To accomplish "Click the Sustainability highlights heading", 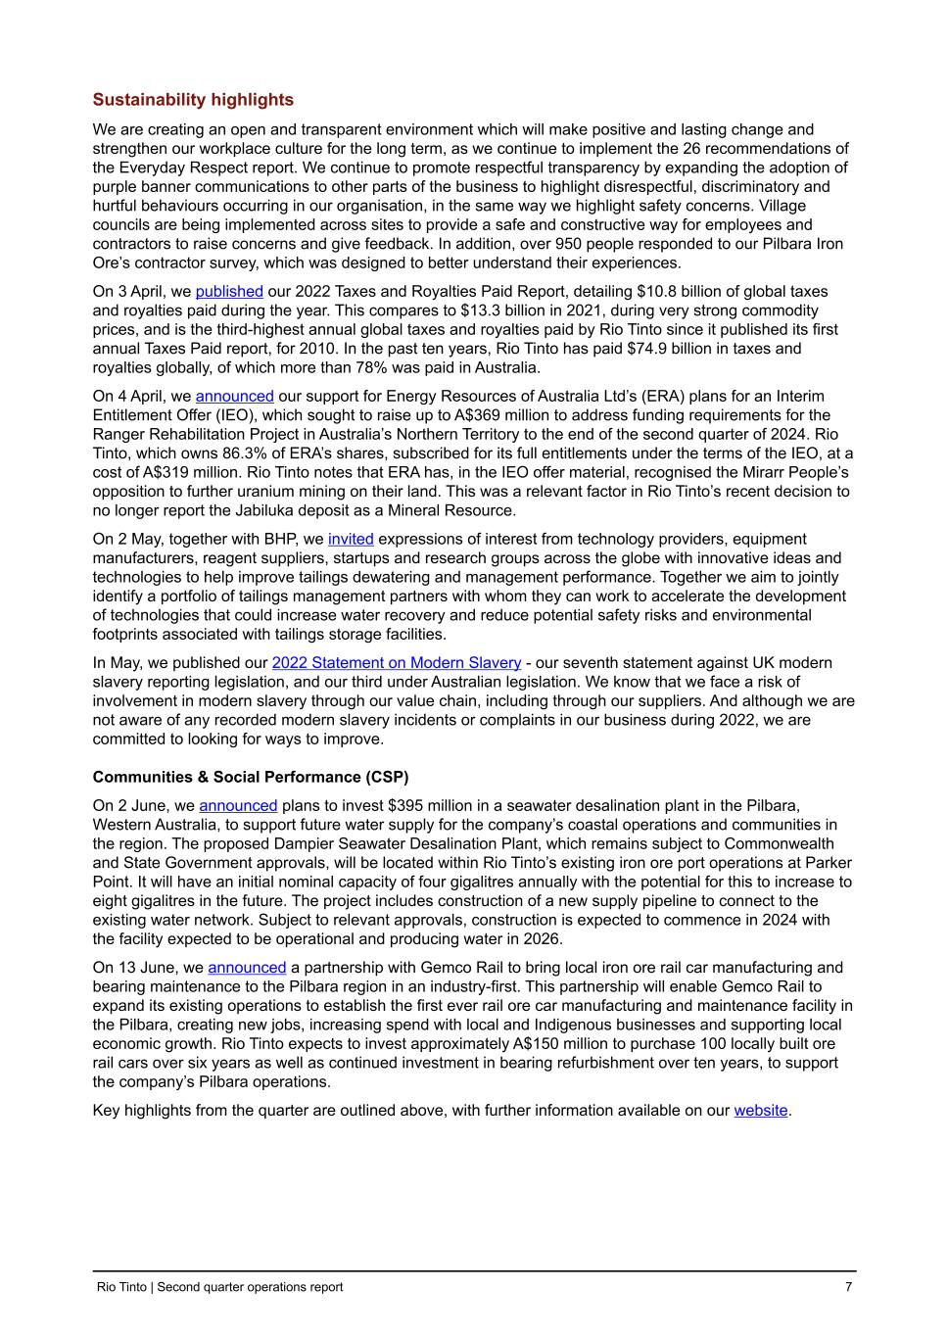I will click(193, 100).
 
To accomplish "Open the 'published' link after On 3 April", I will click(229, 292).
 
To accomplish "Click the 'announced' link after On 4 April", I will click(234, 397).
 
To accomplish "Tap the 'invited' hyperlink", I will click(351, 540).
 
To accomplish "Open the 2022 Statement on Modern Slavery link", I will click(396, 663).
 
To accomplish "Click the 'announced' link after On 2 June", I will click(238, 806).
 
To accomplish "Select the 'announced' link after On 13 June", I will click(247, 968).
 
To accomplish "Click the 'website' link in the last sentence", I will click(760, 1111).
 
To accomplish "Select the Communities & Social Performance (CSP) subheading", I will click(251, 778).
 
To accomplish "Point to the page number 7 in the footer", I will click(848, 1287).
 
